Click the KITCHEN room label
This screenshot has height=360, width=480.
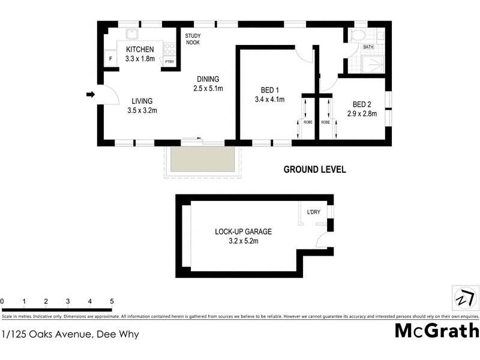pyautogui.click(x=140, y=49)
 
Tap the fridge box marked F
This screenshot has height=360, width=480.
pyautogui.click(x=109, y=59)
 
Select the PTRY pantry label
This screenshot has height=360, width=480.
pyautogui.click(x=169, y=61)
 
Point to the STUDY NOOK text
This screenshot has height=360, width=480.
pyautogui.click(x=192, y=39)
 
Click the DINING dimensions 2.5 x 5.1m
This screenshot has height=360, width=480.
pyautogui.click(x=208, y=89)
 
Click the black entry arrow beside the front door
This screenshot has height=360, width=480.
pyautogui.click(x=90, y=94)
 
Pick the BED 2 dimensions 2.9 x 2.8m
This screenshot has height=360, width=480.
pyautogui.click(x=362, y=113)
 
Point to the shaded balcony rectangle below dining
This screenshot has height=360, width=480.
pyautogui.click(x=202, y=160)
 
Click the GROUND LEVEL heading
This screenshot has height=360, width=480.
pyautogui.click(x=314, y=170)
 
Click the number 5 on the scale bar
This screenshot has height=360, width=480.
pyautogui.click(x=112, y=301)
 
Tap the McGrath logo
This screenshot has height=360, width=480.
pyautogui.click(x=436, y=331)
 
